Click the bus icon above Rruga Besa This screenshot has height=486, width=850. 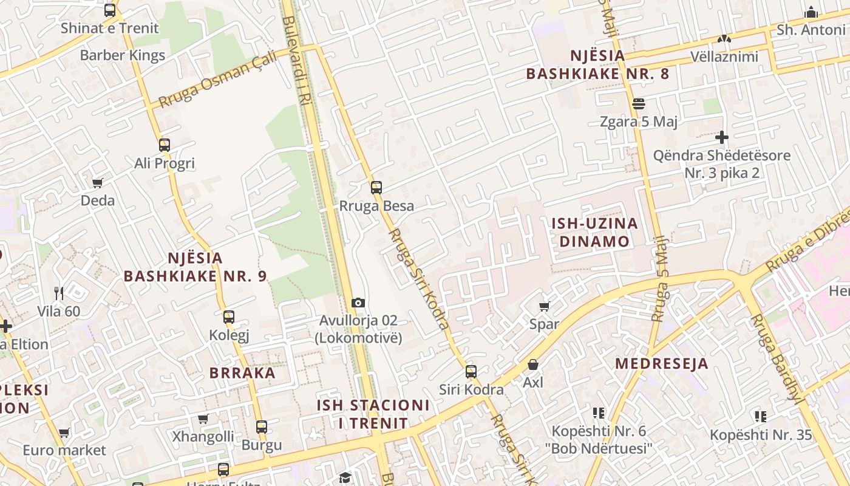pyautogui.click(x=376, y=187)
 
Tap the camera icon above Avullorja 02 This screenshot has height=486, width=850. pyautogui.click(x=358, y=303)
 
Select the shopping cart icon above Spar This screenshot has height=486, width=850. pyautogui.click(x=545, y=306)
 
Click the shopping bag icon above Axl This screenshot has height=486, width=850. pyautogui.click(x=533, y=364)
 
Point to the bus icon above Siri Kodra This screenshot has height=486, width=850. pyautogui.click(x=471, y=371)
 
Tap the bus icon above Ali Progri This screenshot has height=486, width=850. pyautogui.click(x=165, y=145)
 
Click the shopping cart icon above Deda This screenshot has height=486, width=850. pyautogui.click(x=98, y=183)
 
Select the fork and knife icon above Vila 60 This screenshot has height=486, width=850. pyautogui.click(x=59, y=293)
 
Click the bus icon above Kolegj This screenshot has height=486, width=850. pyautogui.click(x=229, y=317)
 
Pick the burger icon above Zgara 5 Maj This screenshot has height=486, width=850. pyautogui.click(x=638, y=104)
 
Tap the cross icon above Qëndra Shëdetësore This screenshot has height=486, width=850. pyautogui.click(x=721, y=137)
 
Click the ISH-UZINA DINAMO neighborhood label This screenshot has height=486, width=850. pyautogui.click(x=594, y=232)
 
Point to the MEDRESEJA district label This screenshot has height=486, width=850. pyautogui.click(x=662, y=363)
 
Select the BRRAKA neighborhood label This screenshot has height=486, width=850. pyautogui.click(x=242, y=373)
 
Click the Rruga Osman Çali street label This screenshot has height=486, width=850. pyautogui.click(x=217, y=80)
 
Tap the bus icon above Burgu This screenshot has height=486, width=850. pyautogui.click(x=262, y=426)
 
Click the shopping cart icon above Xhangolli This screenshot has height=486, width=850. pyautogui.click(x=203, y=419)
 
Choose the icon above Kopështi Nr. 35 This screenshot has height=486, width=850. pyautogui.click(x=760, y=416)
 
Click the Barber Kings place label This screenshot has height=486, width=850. pyautogui.click(x=123, y=55)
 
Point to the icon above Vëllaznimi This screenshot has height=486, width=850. pyautogui.click(x=724, y=39)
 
